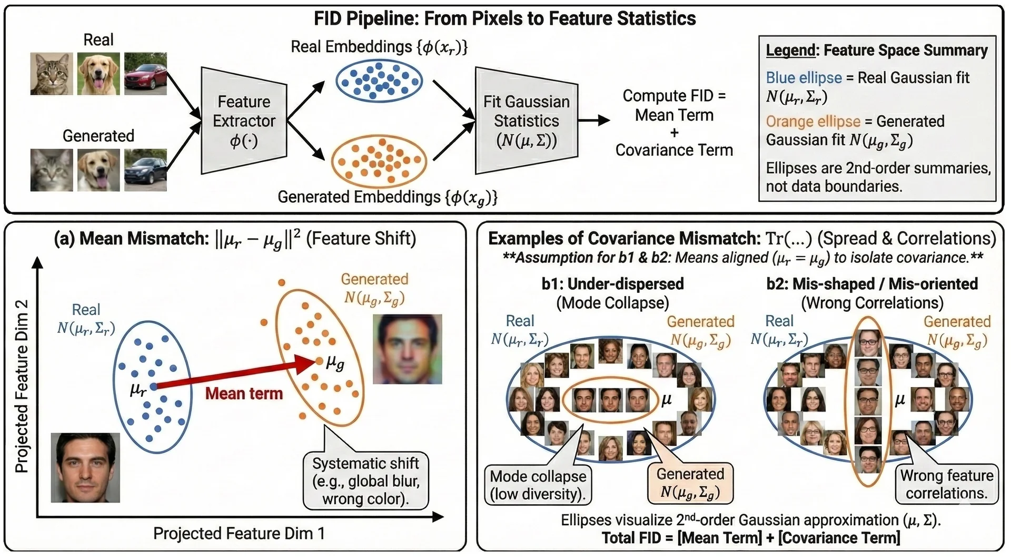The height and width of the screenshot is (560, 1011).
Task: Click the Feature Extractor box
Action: pos(244,121)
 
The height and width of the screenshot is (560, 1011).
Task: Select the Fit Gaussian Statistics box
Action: pos(526,121)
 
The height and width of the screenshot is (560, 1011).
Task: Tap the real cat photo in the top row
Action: pos(52,73)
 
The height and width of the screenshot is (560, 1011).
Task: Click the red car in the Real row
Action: pos(145,73)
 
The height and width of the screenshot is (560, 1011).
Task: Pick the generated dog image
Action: pos(98,170)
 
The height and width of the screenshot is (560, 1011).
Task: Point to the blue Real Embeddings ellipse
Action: pos(379,81)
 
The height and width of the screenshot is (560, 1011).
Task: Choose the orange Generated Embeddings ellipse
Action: pos(379,161)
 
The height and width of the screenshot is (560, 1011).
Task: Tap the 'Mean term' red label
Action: pos(244,394)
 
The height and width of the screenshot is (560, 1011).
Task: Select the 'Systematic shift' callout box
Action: pos(366,481)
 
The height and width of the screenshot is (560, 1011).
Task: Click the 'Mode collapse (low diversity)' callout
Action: pos(538,485)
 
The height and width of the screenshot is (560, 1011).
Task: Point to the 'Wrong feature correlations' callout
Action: pos(946,484)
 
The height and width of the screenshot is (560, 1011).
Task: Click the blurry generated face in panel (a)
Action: pos(407,349)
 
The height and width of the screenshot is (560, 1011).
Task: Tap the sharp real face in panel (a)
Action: pos(85,467)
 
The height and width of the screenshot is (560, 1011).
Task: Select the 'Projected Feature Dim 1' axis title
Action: pos(239,534)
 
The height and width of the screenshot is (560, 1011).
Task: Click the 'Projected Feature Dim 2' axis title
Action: pos(22,386)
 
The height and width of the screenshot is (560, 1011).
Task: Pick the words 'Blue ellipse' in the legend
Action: pos(804,78)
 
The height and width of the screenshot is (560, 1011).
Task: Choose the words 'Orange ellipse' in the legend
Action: pos(812,122)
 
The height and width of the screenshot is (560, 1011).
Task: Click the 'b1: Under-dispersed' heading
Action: pos(612,284)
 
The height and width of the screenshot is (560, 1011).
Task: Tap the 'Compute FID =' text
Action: pos(674,96)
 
